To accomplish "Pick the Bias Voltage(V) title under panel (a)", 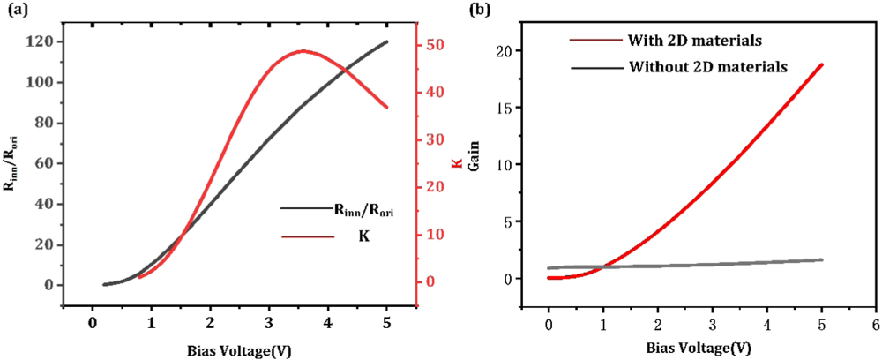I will click(239, 349).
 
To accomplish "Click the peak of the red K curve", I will click(303, 50).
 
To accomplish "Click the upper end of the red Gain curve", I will click(822, 64).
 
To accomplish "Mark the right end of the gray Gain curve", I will click(822, 259).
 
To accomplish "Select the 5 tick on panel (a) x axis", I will click(386, 324).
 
